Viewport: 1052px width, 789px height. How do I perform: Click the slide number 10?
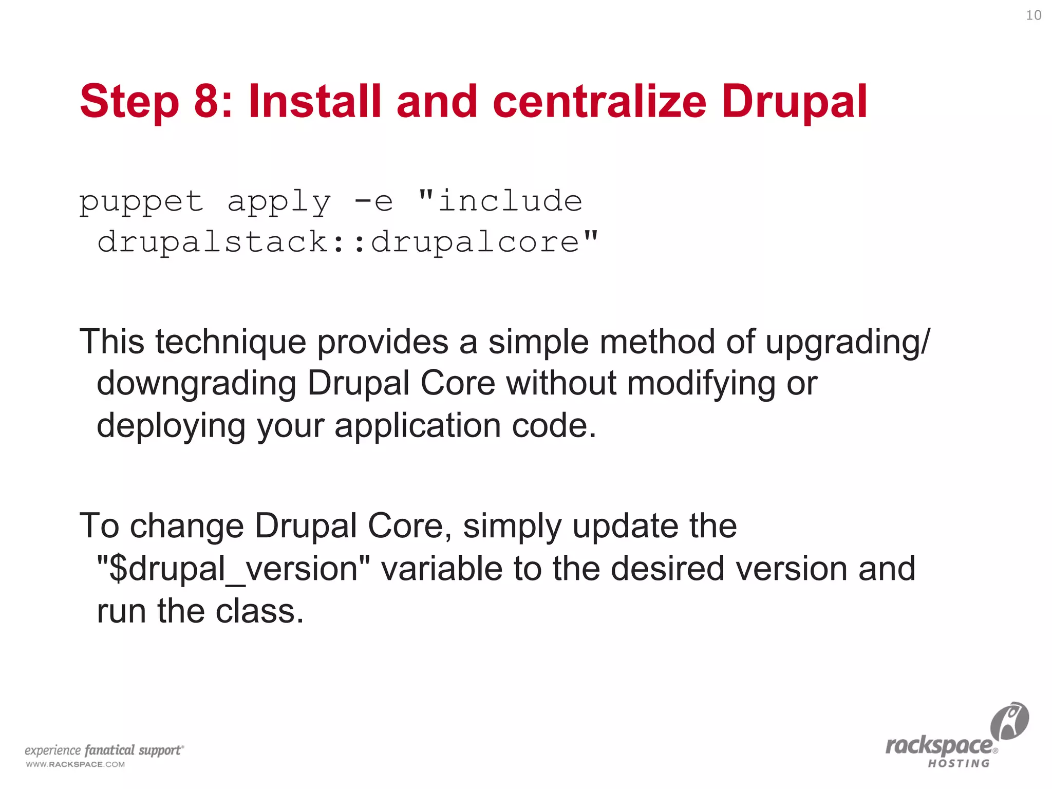(1034, 15)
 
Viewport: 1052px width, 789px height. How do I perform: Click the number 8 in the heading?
(206, 101)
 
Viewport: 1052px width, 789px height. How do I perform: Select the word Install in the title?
(314, 101)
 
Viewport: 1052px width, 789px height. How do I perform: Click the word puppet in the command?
(141, 202)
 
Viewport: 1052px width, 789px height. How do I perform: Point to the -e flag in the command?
(373, 202)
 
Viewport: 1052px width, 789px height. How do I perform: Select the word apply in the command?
(279, 202)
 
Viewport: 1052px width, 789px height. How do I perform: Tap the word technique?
(231, 342)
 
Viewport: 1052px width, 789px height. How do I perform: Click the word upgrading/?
(848, 342)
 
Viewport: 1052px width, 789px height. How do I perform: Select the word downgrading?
(196, 384)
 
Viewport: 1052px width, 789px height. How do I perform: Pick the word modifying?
(701, 384)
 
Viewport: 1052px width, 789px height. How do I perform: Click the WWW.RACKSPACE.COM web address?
(75, 764)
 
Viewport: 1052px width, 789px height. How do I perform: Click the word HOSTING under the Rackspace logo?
(958, 764)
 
